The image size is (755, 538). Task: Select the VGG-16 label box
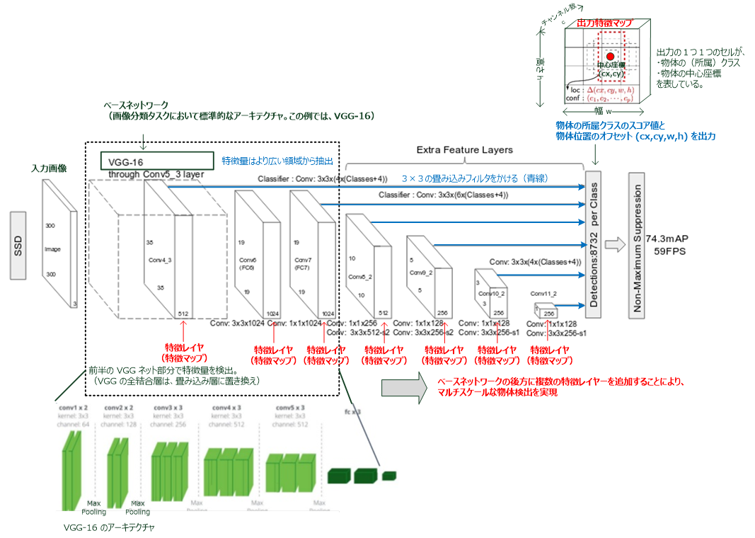[x=157, y=161]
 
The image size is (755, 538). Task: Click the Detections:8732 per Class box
[x=594, y=246]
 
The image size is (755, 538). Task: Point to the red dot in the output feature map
[x=609, y=55]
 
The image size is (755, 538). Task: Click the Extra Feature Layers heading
[x=463, y=150]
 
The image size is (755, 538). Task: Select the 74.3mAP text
[x=668, y=239]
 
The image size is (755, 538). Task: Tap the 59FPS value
[x=668, y=251]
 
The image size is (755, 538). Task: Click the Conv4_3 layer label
[x=160, y=260]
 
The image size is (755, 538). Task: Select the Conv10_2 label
[x=491, y=293]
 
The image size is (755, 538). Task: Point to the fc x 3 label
[x=353, y=411]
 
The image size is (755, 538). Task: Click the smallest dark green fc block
[x=389, y=476]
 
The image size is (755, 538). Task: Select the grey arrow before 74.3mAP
[x=616, y=245]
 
